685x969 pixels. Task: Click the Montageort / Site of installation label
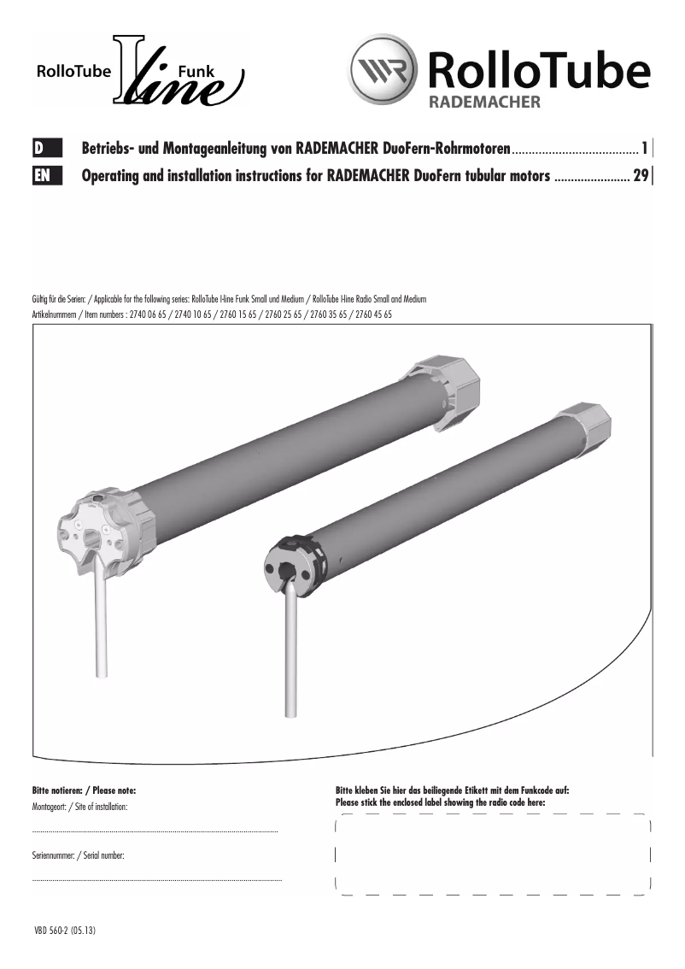point(79,807)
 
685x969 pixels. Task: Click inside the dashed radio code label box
point(493,854)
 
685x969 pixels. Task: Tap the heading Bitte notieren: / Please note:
point(83,791)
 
